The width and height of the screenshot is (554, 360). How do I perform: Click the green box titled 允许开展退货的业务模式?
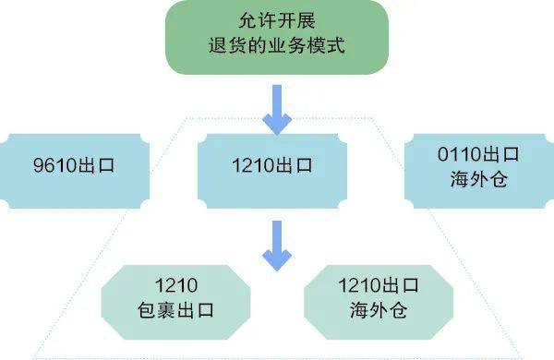[x=276, y=37]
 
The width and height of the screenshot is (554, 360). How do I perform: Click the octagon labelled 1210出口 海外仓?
[x=379, y=297]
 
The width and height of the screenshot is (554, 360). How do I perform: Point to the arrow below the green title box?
[x=276, y=108]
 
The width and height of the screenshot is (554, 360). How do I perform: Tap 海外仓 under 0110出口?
[x=478, y=181]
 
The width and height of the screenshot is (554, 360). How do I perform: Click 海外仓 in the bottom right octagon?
[x=379, y=311]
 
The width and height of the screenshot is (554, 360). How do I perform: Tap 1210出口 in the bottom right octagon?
[x=379, y=283]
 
